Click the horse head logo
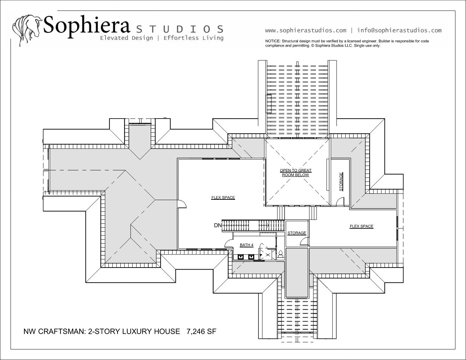point(27,30)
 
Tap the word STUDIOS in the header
point(180,29)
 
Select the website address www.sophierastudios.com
point(306,30)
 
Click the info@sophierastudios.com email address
point(399,30)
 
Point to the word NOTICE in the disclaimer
point(273,41)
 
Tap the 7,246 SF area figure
point(201,331)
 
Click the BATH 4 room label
point(247,245)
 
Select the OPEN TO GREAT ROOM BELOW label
point(295,173)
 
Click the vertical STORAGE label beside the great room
point(341,182)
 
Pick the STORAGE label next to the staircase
point(297,233)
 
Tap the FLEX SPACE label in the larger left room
point(223,198)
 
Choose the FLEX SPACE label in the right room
point(362,226)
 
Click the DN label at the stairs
point(218,225)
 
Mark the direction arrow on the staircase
point(264,225)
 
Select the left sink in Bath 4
point(241,257)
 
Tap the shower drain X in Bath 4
point(268,255)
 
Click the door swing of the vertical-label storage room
point(340,201)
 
